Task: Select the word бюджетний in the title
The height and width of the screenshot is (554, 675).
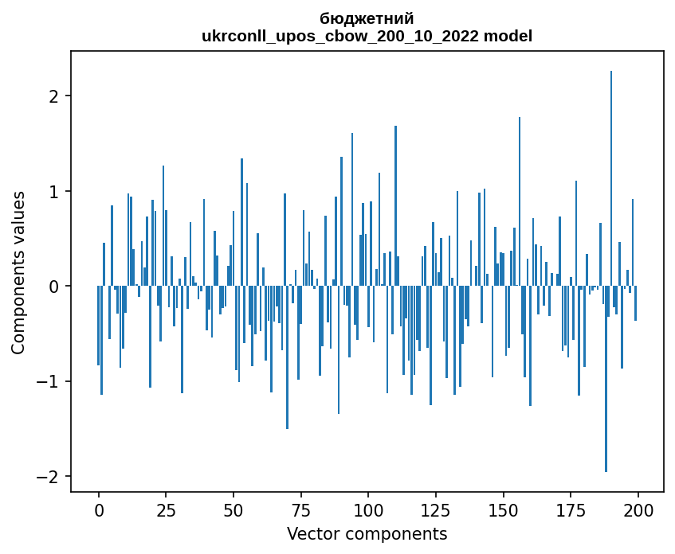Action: (x=367, y=19)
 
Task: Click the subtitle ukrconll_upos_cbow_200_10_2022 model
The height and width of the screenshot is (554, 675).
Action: (x=367, y=36)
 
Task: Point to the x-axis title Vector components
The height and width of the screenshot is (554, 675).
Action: (x=367, y=533)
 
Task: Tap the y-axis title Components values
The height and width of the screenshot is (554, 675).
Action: (x=18, y=272)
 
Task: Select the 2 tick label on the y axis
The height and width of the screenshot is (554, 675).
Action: (x=55, y=96)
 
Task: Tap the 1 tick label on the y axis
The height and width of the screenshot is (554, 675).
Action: (x=55, y=192)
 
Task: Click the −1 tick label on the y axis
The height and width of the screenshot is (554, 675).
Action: (x=50, y=381)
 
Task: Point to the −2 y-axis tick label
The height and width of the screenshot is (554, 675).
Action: (x=50, y=477)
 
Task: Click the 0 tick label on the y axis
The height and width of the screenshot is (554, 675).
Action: (x=55, y=287)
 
